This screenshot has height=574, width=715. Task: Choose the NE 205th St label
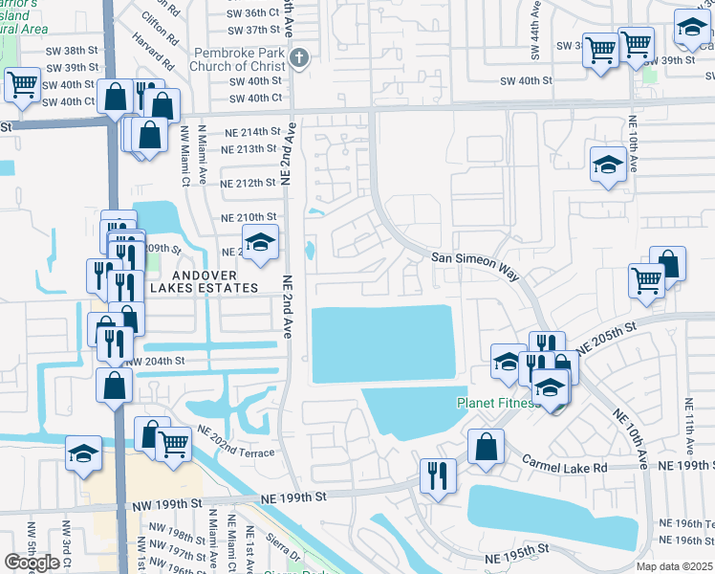[x=606, y=340]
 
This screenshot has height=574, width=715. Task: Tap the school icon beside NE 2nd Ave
[x=258, y=244]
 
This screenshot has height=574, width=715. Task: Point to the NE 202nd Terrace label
[x=235, y=441]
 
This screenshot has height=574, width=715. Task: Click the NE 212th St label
[x=248, y=183]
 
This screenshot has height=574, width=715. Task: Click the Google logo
[x=32, y=563]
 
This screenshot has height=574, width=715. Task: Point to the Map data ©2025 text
[x=675, y=566]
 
